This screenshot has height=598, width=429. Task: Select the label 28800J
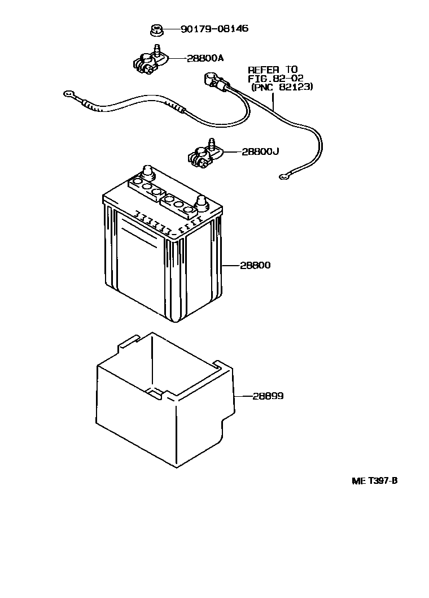(260, 151)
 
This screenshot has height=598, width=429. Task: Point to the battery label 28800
(255, 265)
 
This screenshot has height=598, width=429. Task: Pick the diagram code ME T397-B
(375, 481)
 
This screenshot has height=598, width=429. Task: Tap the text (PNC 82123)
(282, 88)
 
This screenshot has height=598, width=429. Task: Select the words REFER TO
(273, 70)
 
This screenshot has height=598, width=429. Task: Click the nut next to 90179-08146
(156, 30)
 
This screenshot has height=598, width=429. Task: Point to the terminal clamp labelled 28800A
(148, 60)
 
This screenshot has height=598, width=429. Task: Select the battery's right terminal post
(201, 202)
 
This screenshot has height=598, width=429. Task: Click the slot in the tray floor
(154, 392)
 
